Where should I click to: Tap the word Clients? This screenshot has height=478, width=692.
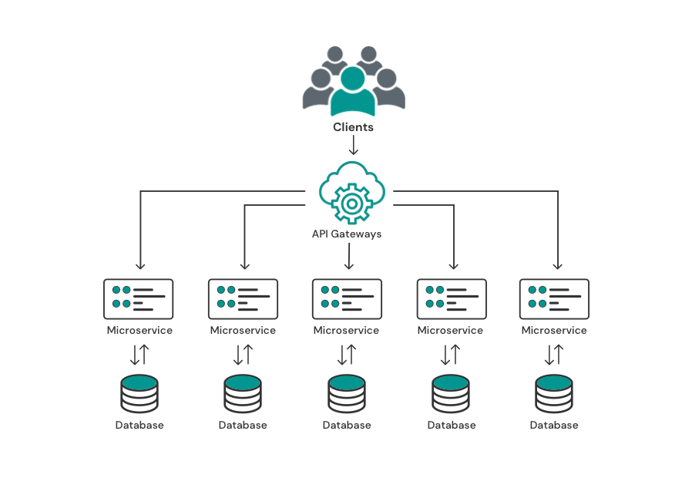click(353, 127)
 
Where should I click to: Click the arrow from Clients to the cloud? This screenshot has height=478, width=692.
click(353, 145)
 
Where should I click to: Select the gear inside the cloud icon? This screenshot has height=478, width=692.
click(351, 204)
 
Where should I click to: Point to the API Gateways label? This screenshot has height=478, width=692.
click(347, 234)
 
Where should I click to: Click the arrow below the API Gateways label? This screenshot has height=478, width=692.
click(348, 256)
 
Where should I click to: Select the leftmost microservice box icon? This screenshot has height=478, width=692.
click(138, 299)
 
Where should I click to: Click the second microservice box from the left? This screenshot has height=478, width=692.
click(244, 299)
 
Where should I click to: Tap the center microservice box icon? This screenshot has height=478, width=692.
click(347, 299)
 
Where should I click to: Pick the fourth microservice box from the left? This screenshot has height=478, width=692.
click(452, 299)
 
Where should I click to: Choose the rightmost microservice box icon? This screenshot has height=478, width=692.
click(554, 299)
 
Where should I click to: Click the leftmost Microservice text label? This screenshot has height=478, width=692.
click(139, 330)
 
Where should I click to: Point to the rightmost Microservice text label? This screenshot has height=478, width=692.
click(554, 330)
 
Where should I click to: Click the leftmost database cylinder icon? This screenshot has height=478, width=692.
click(139, 394)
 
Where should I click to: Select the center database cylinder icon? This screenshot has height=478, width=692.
click(347, 394)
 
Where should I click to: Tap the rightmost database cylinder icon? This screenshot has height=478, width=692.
click(554, 394)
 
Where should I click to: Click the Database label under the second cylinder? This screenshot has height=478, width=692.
click(243, 425)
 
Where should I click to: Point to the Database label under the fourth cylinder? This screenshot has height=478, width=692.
click(452, 425)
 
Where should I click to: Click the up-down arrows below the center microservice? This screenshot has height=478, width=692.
click(347, 355)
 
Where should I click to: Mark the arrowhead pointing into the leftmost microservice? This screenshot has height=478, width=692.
click(140, 267)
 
